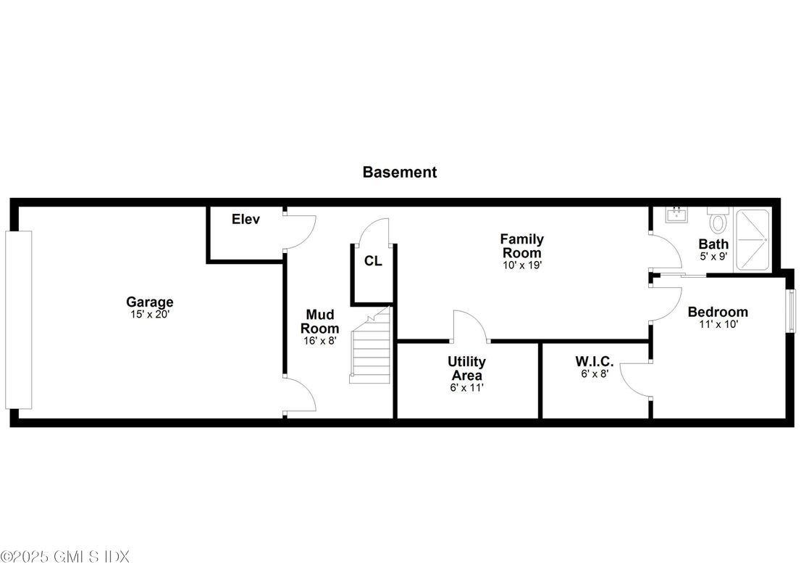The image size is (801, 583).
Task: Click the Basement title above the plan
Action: coord(399,173)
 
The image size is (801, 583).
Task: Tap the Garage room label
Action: coord(150,302)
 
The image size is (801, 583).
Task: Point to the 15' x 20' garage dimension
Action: coord(150,315)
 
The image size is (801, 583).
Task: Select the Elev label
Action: coord(246,219)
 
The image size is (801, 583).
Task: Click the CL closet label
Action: coord(373,261)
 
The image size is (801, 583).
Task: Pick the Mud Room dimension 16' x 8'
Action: coord(320,340)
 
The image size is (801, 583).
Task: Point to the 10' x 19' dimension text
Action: coord(521,265)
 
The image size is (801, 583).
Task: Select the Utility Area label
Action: coord(466,368)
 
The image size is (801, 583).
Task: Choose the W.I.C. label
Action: coord(595,361)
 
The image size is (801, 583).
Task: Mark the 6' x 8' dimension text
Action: coord(595,374)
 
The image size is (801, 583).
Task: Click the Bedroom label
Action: coord(718,312)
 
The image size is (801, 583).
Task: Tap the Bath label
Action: coord(713,244)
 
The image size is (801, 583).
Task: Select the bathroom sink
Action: coord(677,215)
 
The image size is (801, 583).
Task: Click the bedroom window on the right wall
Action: coord(790,310)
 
